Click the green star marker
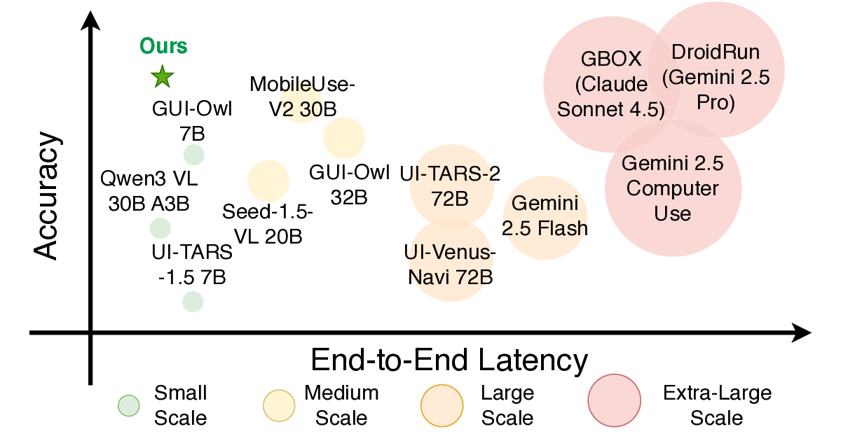(x=162, y=76)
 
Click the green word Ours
(x=163, y=47)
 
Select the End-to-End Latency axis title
(x=449, y=360)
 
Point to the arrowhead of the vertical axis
(x=90, y=20)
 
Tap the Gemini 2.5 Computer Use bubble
(x=673, y=188)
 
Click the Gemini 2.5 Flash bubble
(x=545, y=218)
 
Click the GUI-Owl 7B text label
(x=192, y=120)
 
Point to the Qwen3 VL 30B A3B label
(x=149, y=190)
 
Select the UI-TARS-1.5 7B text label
(x=191, y=265)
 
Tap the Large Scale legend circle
(x=442, y=405)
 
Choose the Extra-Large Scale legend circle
(x=615, y=405)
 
